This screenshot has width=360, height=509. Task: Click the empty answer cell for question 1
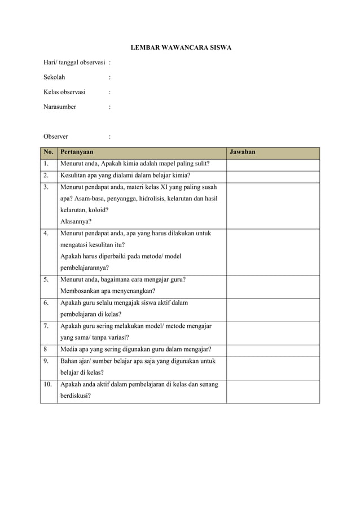273,164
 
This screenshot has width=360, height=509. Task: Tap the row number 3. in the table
46,187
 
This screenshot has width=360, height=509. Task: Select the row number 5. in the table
46,279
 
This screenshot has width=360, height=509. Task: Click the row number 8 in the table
45,349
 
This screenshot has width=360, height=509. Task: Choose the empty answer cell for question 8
273,349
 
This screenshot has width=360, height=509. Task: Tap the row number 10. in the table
47,384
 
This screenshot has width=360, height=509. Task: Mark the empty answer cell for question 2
273,175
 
